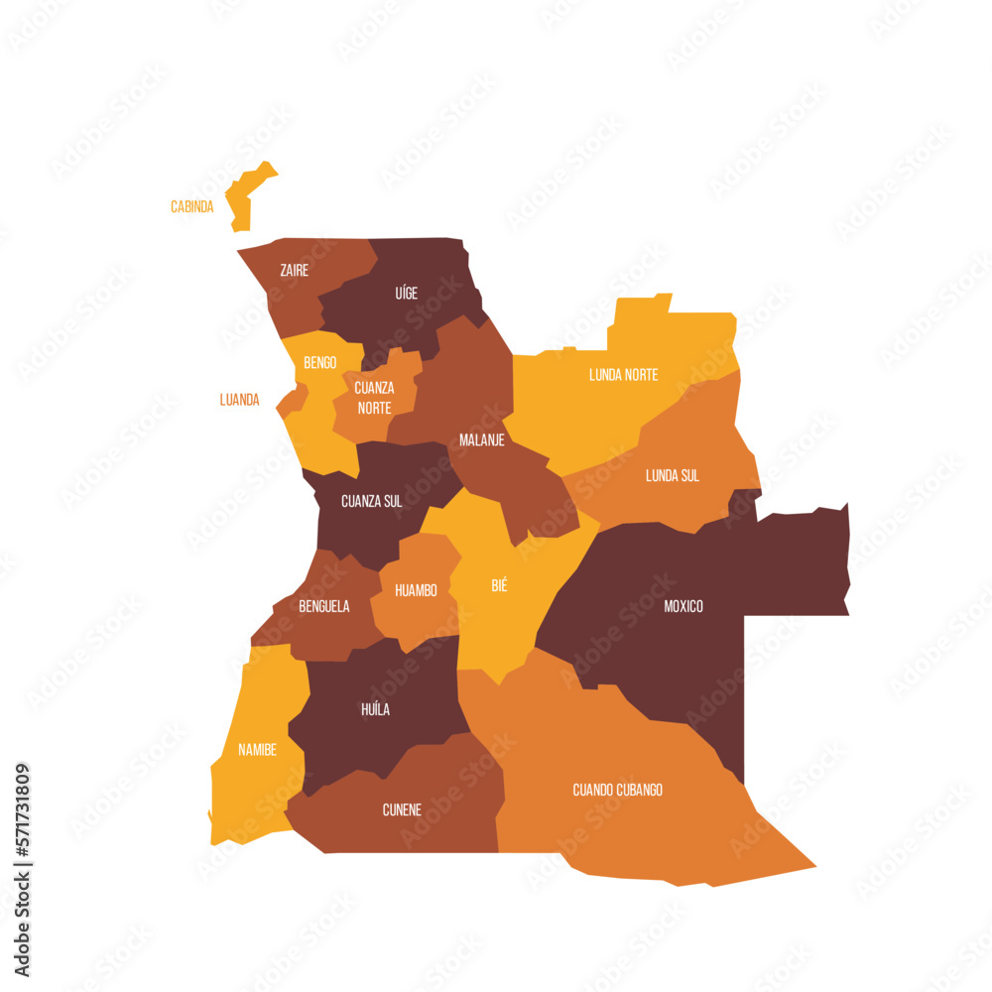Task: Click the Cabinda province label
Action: [191, 207]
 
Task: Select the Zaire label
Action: [294, 270]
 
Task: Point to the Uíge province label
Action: [406, 293]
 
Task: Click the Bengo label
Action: [319, 363]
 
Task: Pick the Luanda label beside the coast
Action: [239, 401]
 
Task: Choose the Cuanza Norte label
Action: [374, 397]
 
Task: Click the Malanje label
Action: [482, 439]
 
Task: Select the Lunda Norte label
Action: [623, 375]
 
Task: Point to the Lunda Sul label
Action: [673, 476]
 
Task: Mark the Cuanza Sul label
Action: [372, 501]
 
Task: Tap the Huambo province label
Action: [416, 590]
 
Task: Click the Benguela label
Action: [324, 606]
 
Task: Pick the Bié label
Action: [499, 585]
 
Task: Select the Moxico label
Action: [683, 605]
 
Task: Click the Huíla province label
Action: [375, 709]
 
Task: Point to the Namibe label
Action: [258, 750]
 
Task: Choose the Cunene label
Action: [402, 809]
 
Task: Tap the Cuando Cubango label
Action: [617, 790]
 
